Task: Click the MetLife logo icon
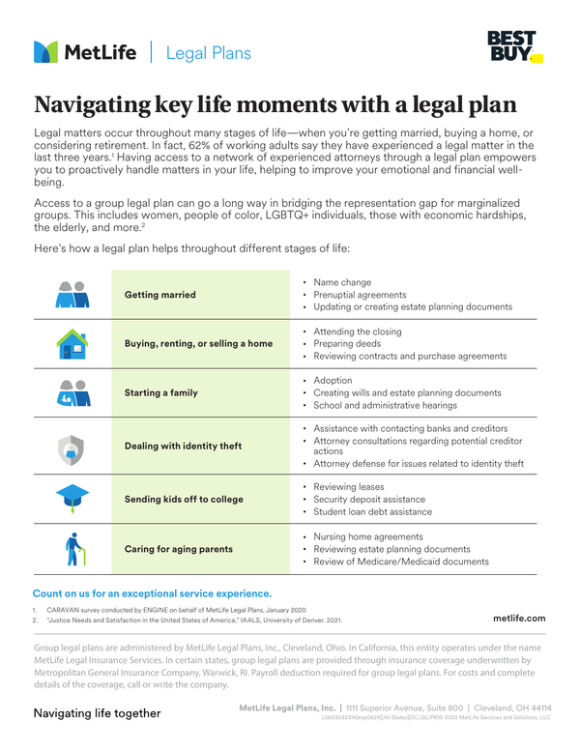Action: (45, 52)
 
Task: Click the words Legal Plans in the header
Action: (208, 53)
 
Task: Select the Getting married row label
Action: (160, 295)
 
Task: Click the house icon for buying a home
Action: (72, 343)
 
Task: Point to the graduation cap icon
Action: (72, 498)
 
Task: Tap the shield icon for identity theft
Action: (72, 447)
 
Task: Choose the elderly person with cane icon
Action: (72, 549)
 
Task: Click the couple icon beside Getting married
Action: (72, 294)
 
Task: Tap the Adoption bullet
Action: (333, 381)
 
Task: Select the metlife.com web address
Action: (519, 618)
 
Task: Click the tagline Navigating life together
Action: (97, 713)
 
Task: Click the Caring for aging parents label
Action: (179, 549)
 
